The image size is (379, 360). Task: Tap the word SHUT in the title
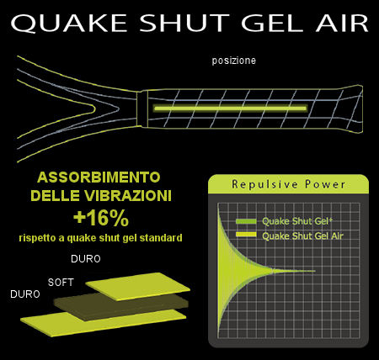coord(184,23)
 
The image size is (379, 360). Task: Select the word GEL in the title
coord(273,23)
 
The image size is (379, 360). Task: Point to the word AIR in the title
coord(342,23)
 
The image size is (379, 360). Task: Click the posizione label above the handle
coord(234,61)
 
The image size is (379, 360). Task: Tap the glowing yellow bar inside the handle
coord(230,109)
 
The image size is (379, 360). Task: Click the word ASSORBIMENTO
coord(99,177)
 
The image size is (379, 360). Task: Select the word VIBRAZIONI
coord(126,196)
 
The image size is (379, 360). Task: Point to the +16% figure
coord(101,219)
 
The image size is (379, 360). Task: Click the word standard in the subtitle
coord(161,238)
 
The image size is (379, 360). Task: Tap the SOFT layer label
coord(61,283)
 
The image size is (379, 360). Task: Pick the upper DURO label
coord(86,259)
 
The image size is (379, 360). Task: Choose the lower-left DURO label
coord(25,294)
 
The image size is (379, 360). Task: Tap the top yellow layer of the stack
coord(137,286)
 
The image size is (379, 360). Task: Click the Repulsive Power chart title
coord(288,184)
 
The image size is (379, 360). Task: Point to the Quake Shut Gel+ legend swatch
coord(246,221)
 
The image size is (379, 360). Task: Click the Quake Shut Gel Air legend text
coord(302,236)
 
